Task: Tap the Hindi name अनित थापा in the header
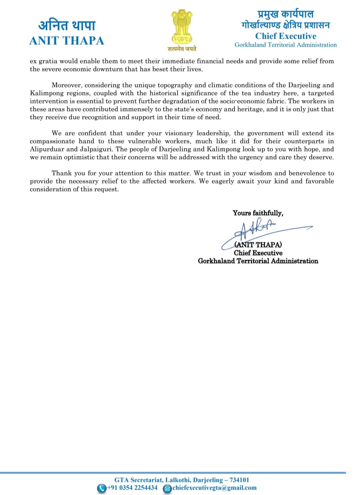67,25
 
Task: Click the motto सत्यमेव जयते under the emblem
182,49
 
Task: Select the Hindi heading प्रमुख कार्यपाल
286,14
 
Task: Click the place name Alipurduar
47,149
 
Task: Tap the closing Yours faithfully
258,213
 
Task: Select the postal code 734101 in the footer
239,480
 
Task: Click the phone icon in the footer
101,488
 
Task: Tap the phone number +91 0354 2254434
132,488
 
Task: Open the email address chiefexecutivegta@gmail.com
215,488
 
